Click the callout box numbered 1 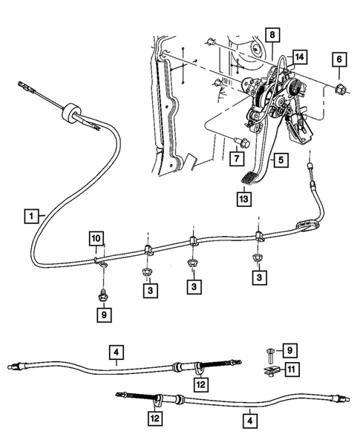(x=30, y=216)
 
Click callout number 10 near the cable (x=97, y=238)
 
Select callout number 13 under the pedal (x=244, y=199)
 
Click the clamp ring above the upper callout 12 (x=199, y=367)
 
